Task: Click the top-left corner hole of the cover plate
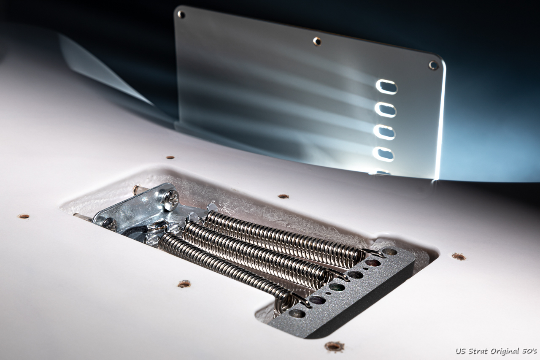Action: [181, 14]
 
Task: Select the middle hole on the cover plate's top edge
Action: [317, 41]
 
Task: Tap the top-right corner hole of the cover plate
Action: [433, 65]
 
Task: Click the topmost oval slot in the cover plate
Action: [386, 87]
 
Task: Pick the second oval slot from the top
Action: [386, 109]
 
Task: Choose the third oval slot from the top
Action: [384, 132]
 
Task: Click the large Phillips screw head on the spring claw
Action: [171, 200]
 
